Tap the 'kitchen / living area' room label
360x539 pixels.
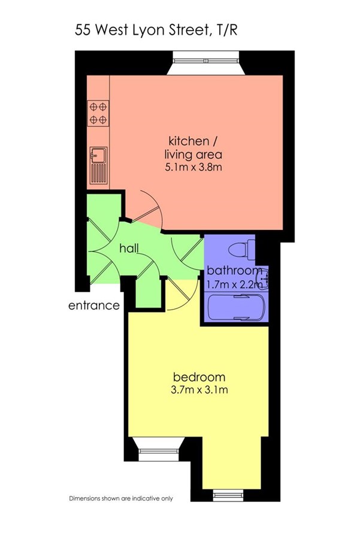coord(193,147)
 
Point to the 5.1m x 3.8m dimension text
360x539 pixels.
coord(193,168)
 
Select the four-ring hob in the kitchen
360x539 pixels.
coord(98,113)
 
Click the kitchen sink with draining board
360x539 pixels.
coord(99,166)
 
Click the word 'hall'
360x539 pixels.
coord(129,248)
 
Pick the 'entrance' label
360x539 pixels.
coord(94,305)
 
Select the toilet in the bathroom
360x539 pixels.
coord(242,250)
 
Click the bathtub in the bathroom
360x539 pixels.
coord(237,307)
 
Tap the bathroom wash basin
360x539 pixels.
coord(264,277)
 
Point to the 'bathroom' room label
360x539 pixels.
coord(234,271)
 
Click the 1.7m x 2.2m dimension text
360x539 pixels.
coord(234,284)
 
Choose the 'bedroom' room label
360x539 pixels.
coord(199,377)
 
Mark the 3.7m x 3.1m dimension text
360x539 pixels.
coord(199,390)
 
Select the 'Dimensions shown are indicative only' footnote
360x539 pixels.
coord(121,498)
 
